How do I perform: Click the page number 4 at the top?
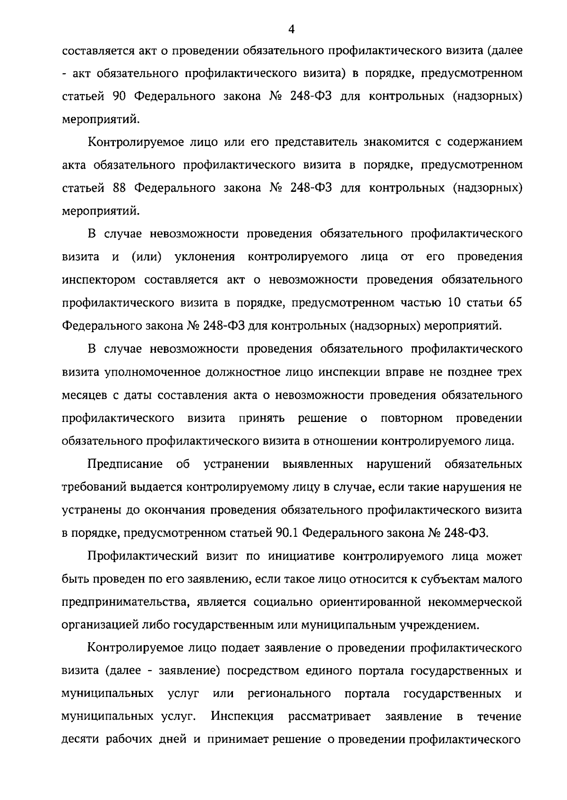pyautogui.click(x=292, y=29)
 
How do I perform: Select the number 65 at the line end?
pyautogui.click(x=515, y=303)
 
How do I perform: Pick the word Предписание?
pyautogui.click(x=125, y=464)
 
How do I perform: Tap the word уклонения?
pyautogui.click(x=205, y=257)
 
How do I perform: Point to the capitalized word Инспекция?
pyautogui.click(x=242, y=716)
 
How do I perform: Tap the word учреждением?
pyautogui.click(x=439, y=626)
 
